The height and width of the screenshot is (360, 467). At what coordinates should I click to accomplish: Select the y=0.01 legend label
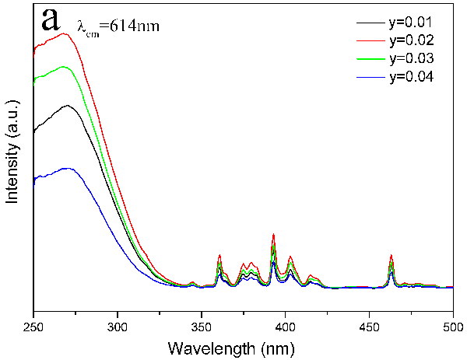click(x=411, y=22)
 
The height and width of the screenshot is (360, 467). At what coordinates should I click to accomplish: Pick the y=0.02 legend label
click(x=411, y=40)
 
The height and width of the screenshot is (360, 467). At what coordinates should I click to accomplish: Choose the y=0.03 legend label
click(x=411, y=58)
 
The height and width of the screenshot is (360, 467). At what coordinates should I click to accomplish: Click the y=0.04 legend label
click(x=411, y=76)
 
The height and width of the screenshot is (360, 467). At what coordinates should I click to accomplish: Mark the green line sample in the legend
click(x=370, y=58)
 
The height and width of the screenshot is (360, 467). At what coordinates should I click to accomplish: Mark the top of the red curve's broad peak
click(x=65, y=33)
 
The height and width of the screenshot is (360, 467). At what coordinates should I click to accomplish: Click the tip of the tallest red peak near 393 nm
click(x=273, y=234)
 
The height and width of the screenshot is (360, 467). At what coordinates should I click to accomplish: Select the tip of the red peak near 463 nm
click(x=392, y=255)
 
